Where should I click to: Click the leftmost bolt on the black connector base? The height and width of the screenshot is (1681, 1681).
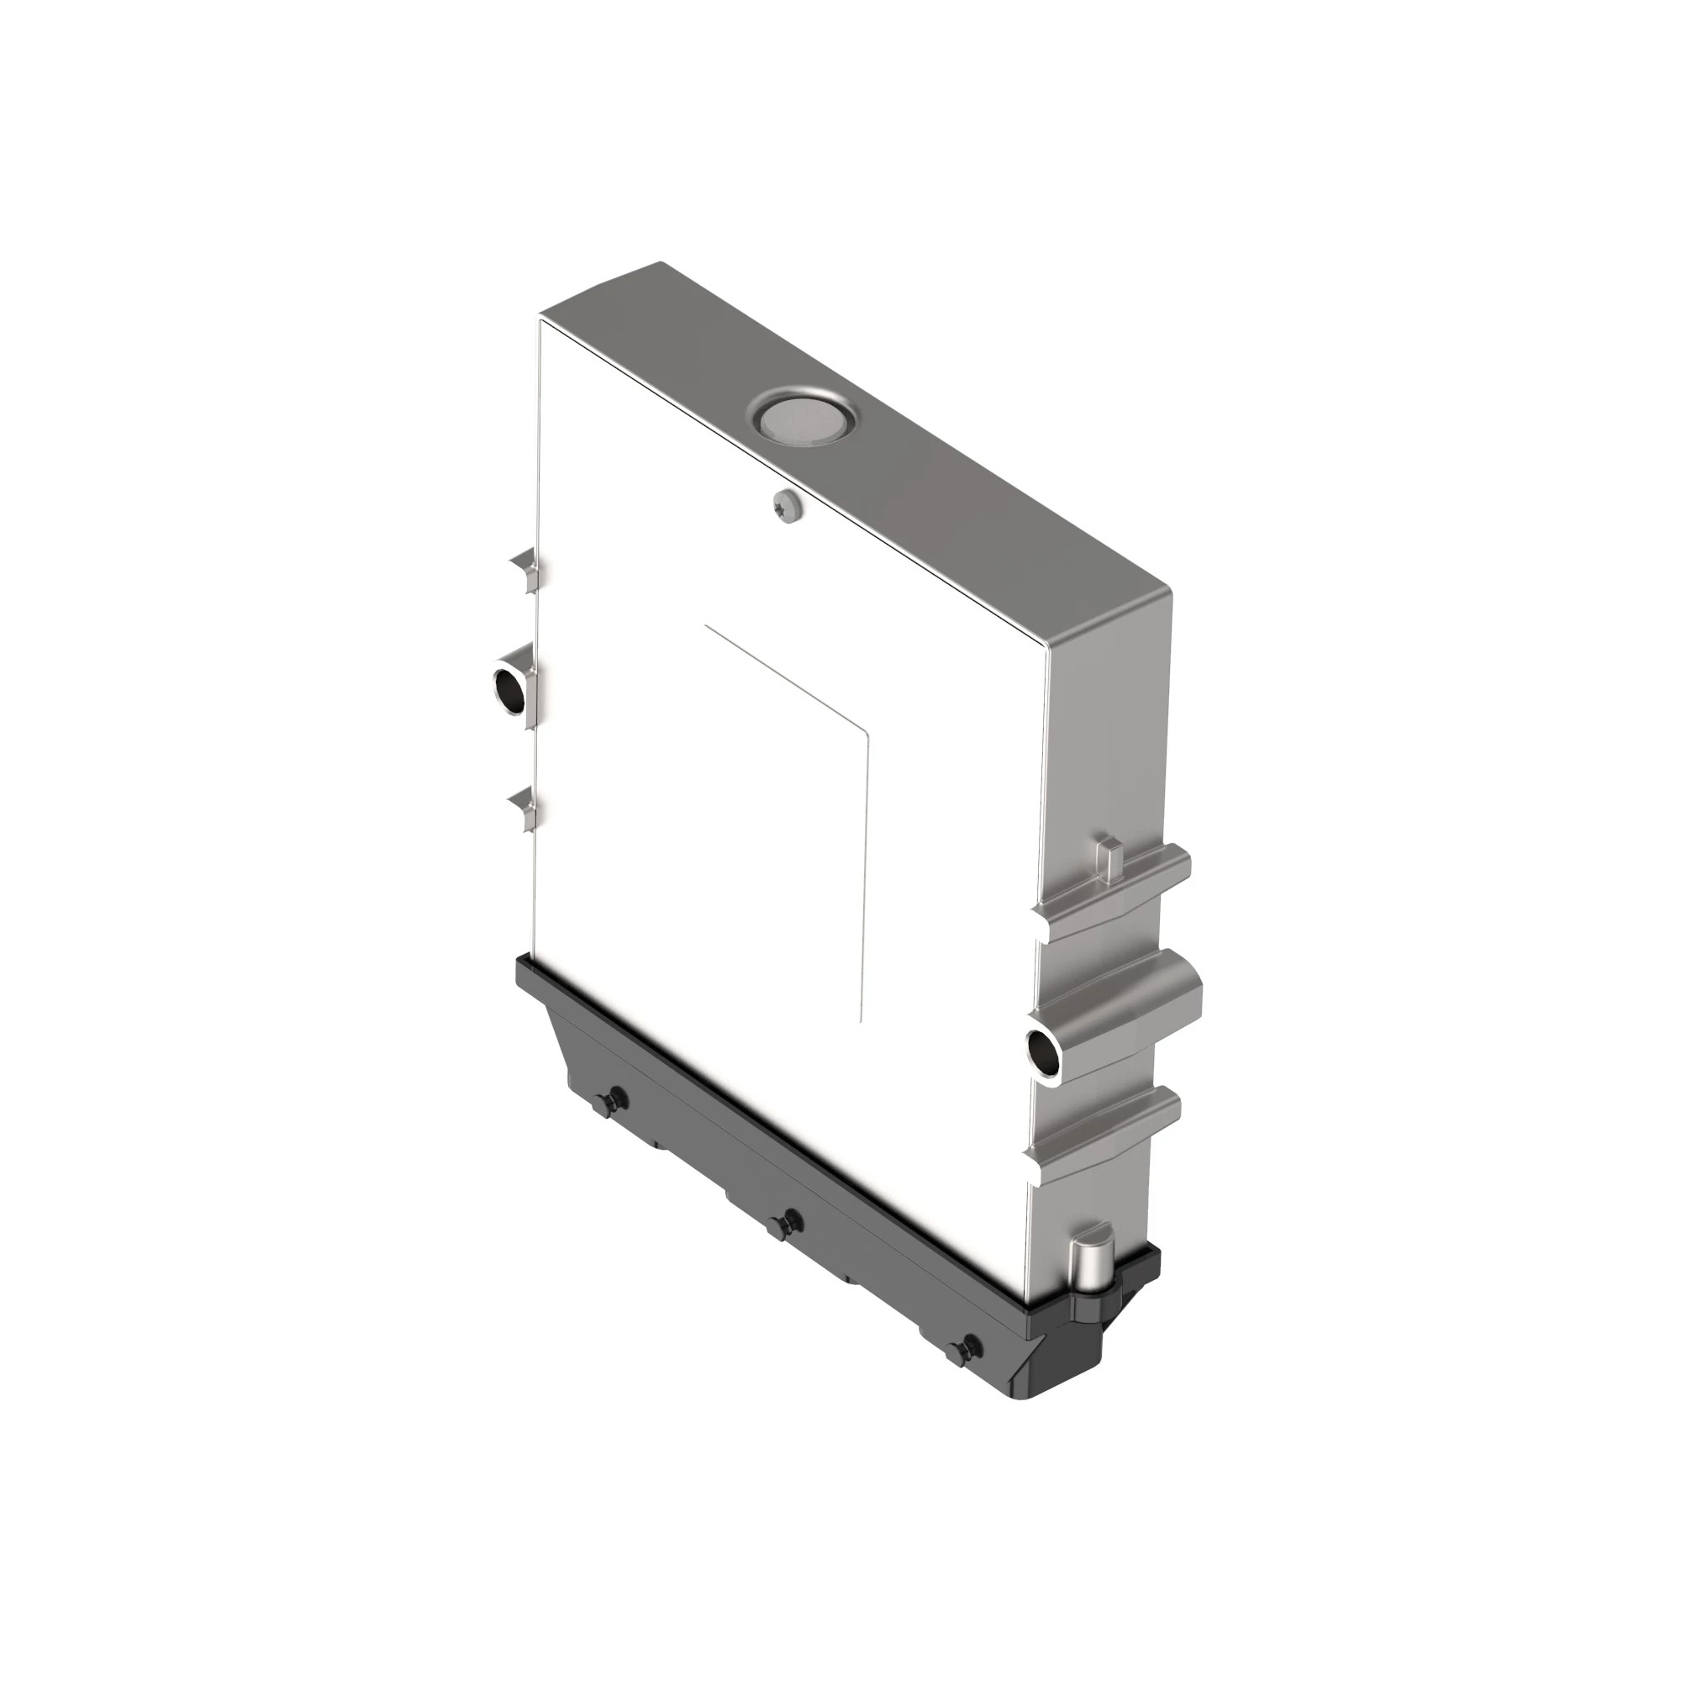point(617,1098)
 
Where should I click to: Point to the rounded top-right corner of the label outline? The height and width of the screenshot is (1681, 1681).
point(864,735)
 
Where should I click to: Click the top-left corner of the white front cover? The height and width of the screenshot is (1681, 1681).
point(542,322)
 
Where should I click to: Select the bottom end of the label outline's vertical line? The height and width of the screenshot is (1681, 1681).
point(860,1019)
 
